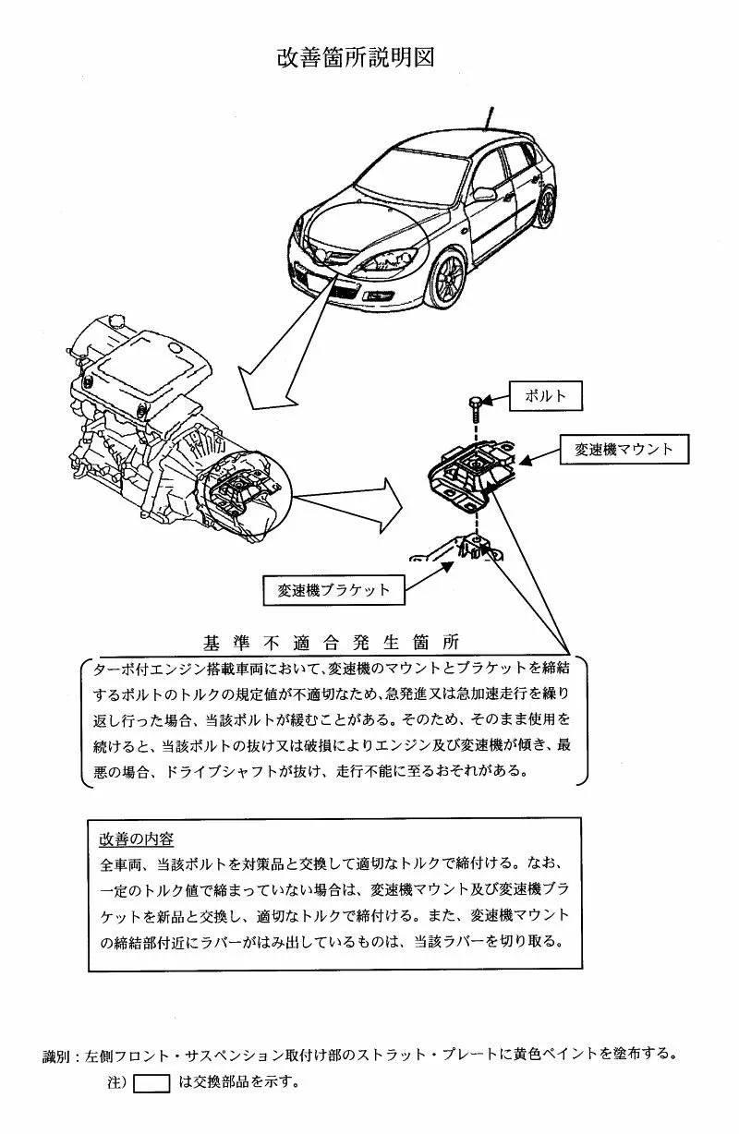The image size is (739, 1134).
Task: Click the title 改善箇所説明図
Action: [356, 57]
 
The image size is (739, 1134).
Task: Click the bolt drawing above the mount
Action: [474, 404]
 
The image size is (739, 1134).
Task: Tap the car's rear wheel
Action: [547, 208]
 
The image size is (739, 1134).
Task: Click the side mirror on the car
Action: [483, 194]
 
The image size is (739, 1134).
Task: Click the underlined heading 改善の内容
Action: [137, 839]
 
